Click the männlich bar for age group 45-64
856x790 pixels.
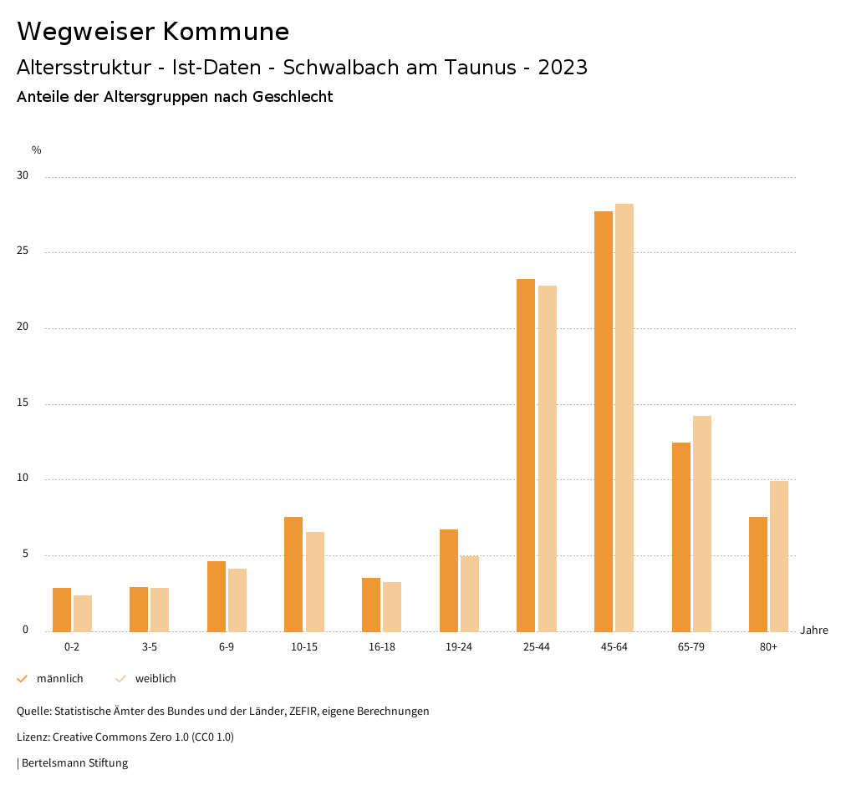click(x=604, y=422)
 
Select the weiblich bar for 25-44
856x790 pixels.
click(x=548, y=458)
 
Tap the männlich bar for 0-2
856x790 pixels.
click(x=62, y=610)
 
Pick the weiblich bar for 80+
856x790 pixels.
click(x=779, y=556)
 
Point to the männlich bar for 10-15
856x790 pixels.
click(x=293, y=575)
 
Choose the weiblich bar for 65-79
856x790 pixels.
click(x=702, y=524)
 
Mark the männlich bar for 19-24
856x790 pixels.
click(x=449, y=580)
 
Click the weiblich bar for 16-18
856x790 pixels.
click(x=392, y=607)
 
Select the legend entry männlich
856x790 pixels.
click(x=59, y=679)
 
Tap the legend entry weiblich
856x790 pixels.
click(x=155, y=679)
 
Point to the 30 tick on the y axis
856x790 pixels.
click(x=23, y=176)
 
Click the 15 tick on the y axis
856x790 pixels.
click(x=23, y=403)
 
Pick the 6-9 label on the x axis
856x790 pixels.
click(x=227, y=647)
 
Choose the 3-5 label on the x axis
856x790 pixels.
click(x=150, y=647)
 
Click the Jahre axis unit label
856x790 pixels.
click(x=814, y=630)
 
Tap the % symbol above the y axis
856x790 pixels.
click(x=37, y=150)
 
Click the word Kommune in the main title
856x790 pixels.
click(x=226, y=32)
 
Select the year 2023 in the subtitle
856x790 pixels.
click(x=563, y=68)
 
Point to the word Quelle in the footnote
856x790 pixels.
click(x=33, y=712)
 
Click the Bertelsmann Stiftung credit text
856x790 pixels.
click(x=74, y=763)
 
